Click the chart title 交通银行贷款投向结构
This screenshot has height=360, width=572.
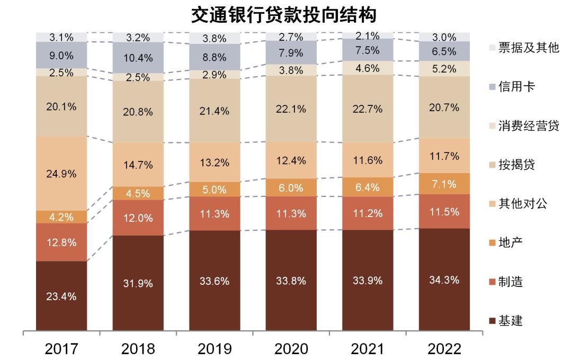(284, 14)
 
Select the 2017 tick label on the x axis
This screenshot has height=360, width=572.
(61, 349)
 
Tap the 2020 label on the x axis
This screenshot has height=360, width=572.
(291, 349)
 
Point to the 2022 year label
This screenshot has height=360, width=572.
(444, 349)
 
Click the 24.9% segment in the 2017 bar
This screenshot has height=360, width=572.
(61, 174)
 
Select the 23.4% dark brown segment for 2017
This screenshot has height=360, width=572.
(61, 296)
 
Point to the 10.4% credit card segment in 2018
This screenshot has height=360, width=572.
(138, 58)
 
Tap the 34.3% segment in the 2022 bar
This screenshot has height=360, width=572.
(444, 280)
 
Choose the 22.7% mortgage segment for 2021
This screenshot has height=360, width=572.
(368, 109)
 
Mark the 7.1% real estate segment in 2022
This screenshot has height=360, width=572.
(444, 184)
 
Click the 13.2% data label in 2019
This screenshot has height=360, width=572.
(215, 163)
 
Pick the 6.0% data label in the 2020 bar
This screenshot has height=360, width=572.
(291, 187)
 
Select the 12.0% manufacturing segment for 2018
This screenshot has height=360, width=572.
(138, 218)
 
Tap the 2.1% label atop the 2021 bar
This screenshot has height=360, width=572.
(368, 36)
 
